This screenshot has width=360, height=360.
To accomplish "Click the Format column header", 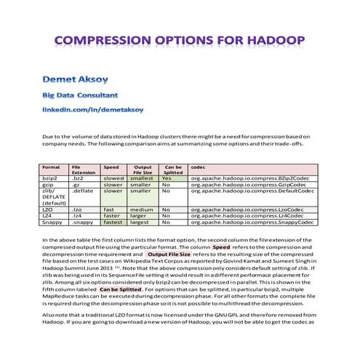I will point(52,167).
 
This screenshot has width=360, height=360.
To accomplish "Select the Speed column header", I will point(111,167).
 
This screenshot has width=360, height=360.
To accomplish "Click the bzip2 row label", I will point(51,177).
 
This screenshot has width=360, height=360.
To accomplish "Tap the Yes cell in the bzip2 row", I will point(167,177).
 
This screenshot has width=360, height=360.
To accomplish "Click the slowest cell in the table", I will point(114,177).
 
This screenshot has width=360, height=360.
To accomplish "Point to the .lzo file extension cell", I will point(77,209).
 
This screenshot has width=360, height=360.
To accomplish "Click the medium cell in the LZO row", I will point(140,209).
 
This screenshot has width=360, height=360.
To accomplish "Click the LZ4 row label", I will point(48,216).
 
